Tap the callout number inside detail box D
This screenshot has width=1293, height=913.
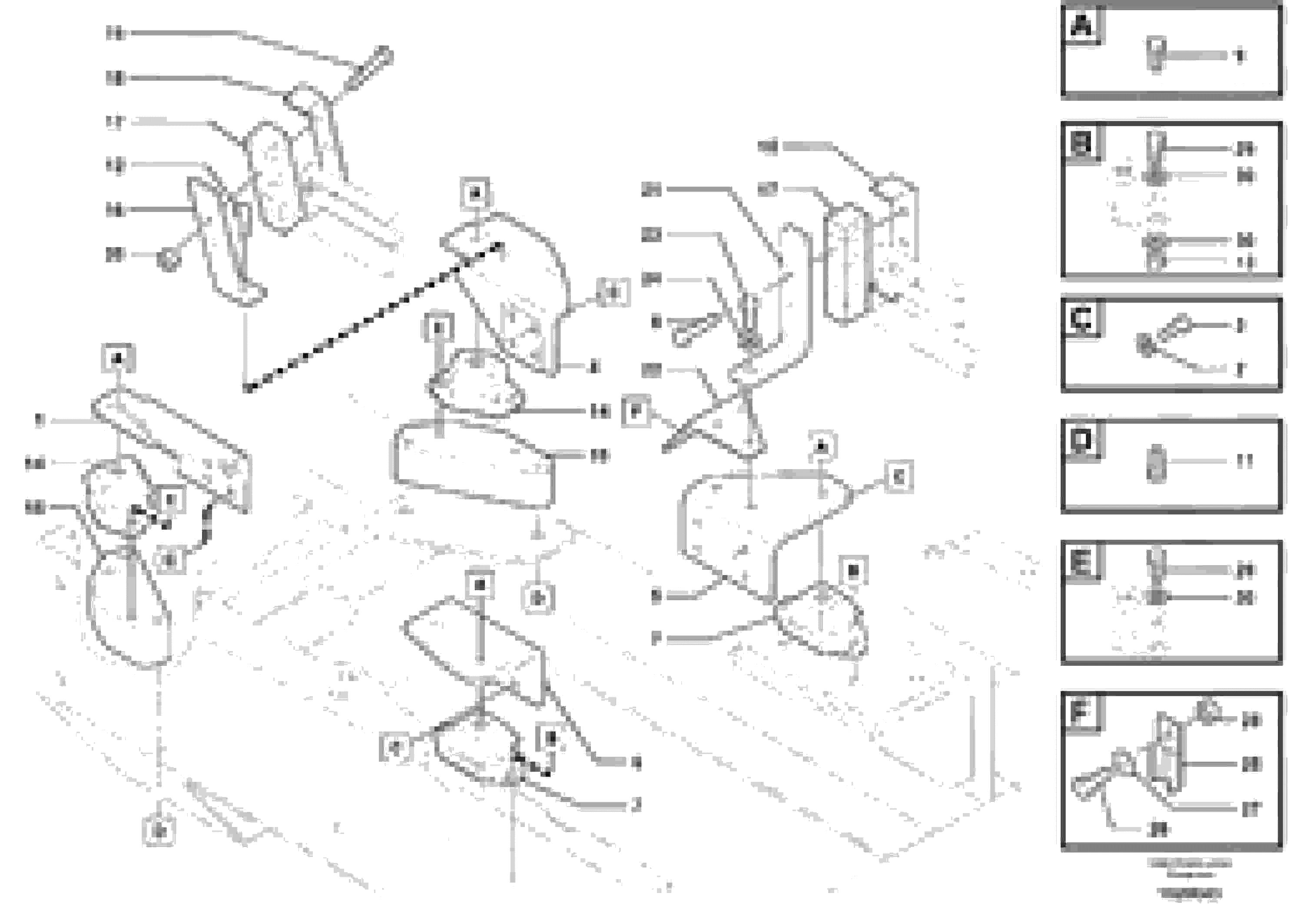click(x=1245, y=462)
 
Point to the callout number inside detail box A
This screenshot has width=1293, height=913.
click(x=1240, y=56)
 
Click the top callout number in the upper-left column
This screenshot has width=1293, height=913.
click(x=116, y=34)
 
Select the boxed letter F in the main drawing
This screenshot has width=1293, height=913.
click(x=636, y=411)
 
